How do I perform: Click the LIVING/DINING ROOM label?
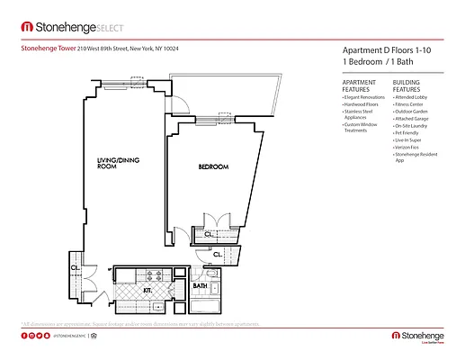(x=116, y=164)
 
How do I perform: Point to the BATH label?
(x=214, y=287)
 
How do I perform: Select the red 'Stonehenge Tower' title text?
(x=47, y=49)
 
